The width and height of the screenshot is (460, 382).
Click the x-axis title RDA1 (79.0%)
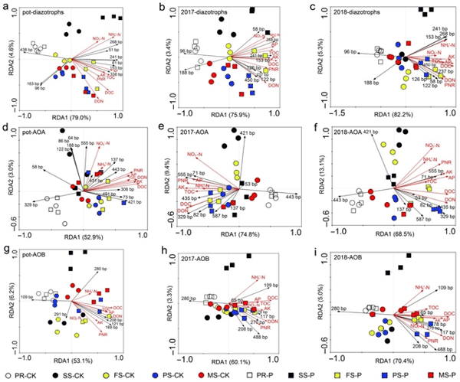[x=71, y=117]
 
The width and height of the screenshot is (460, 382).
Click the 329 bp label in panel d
[x=31, y=206]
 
